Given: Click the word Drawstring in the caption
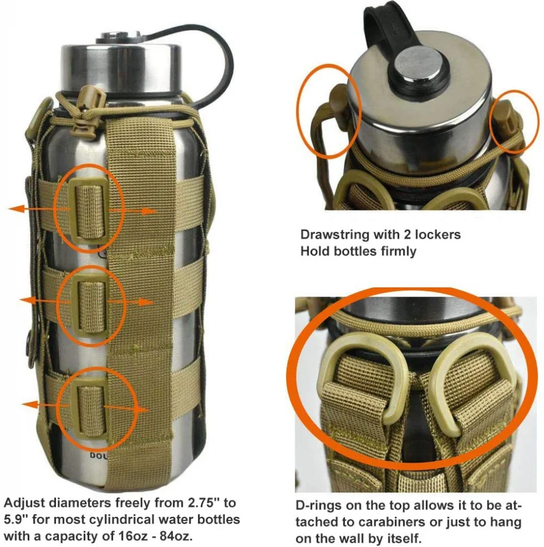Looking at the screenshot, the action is click(335, 235).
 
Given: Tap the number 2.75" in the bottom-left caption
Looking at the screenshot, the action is click(205, 503).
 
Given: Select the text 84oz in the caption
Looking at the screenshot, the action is click(175, 536).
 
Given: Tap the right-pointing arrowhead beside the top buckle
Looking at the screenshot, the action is click(150, 211).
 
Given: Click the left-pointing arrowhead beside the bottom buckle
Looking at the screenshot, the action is click(29, 404).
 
